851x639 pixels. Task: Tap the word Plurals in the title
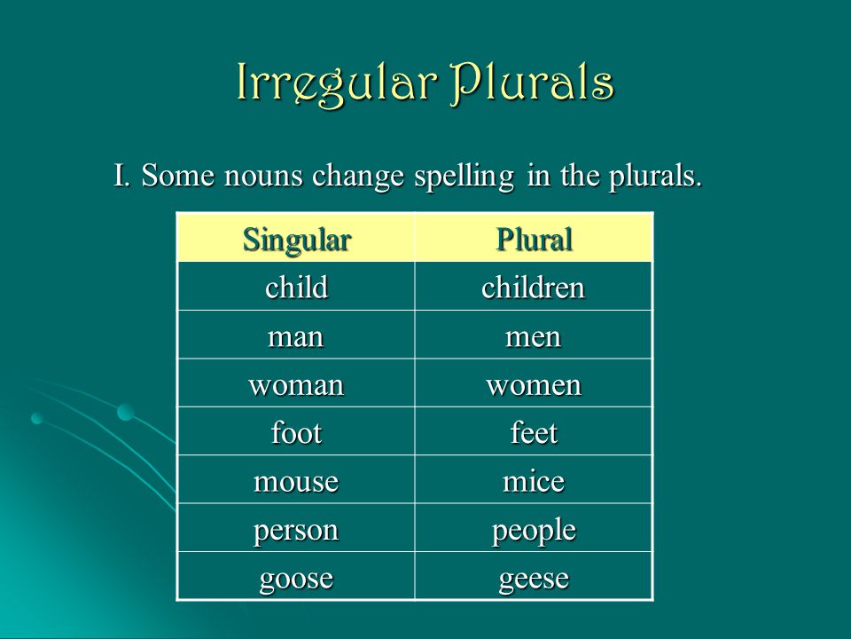(x=533, y=83)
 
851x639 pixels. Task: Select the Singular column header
(x=296, y=238)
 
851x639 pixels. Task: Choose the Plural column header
(x=534, y=238)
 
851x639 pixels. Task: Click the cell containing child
(x=296, y=287)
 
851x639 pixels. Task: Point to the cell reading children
(x=534, y=287)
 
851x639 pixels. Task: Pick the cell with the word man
(x=296, y=335)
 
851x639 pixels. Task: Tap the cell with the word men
(x=534, y=335)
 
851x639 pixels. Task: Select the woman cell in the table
(x=296, y=383)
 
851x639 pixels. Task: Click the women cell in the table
(x=534, y=383)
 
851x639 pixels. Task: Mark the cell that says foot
(x=296, y=431)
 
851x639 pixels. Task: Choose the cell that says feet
(x=534, y=431)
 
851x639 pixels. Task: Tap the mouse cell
(x=296, y=480)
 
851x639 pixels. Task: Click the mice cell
(x=534, y=480)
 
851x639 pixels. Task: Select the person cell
(x=296, y=528)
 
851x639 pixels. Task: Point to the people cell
(x=534, y=528)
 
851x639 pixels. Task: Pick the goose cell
(x=296, y=576)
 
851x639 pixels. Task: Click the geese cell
(x=534, y=576)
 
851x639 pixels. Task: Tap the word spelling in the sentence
(x=464, y=177)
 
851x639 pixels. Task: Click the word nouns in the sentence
(x=263, y=176)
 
